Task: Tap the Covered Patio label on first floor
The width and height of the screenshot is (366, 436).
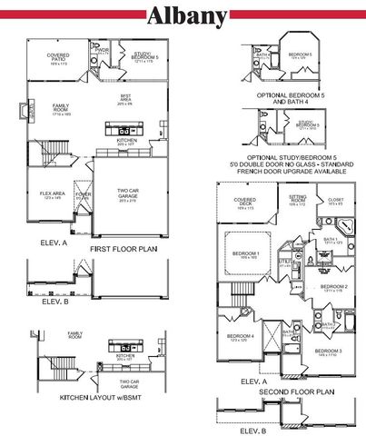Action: tap(58, 57)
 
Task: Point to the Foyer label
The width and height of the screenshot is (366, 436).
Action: tap(83, 194)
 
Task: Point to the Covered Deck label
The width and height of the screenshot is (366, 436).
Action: tap(244, 202)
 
